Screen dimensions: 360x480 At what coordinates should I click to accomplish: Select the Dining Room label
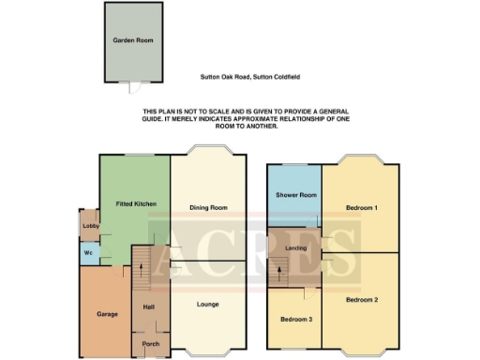208,207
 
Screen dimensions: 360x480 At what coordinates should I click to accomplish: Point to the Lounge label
207,303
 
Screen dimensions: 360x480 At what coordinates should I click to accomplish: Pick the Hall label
148,307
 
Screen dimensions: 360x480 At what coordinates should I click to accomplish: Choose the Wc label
88,252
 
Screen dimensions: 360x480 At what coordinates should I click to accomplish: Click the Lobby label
90,226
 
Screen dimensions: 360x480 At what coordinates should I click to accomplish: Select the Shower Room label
293,195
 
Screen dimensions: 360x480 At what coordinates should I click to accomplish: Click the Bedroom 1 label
361,206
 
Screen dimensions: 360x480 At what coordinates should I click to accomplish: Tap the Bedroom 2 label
361,300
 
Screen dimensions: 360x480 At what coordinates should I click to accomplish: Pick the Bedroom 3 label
295,320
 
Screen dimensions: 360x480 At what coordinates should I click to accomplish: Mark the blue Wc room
89,253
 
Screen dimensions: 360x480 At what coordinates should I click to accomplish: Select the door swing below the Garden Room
137,87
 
